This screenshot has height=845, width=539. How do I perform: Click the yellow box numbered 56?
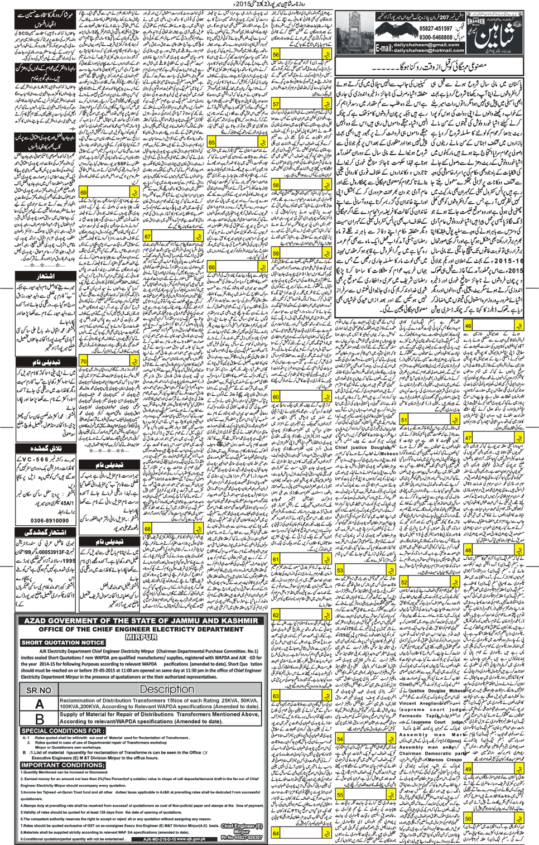[276, 55]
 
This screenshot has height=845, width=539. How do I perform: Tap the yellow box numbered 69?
[84, 193]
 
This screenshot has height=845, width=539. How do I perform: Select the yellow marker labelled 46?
[468, 326]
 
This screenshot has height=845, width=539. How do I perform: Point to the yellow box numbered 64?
[276, 833]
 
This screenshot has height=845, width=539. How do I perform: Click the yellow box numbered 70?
[84, 361]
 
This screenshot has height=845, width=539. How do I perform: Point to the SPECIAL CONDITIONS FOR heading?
[62, 731]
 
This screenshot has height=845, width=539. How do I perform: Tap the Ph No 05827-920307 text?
[241, 837]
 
